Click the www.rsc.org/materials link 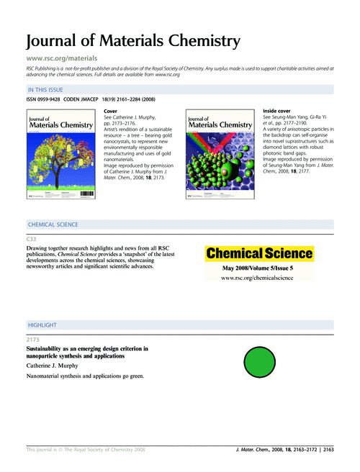(x=62, y=57)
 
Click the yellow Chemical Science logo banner (x=260, y=253)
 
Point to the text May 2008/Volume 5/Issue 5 (x=259, y=268)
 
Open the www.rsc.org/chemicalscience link (x=259, y=277)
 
